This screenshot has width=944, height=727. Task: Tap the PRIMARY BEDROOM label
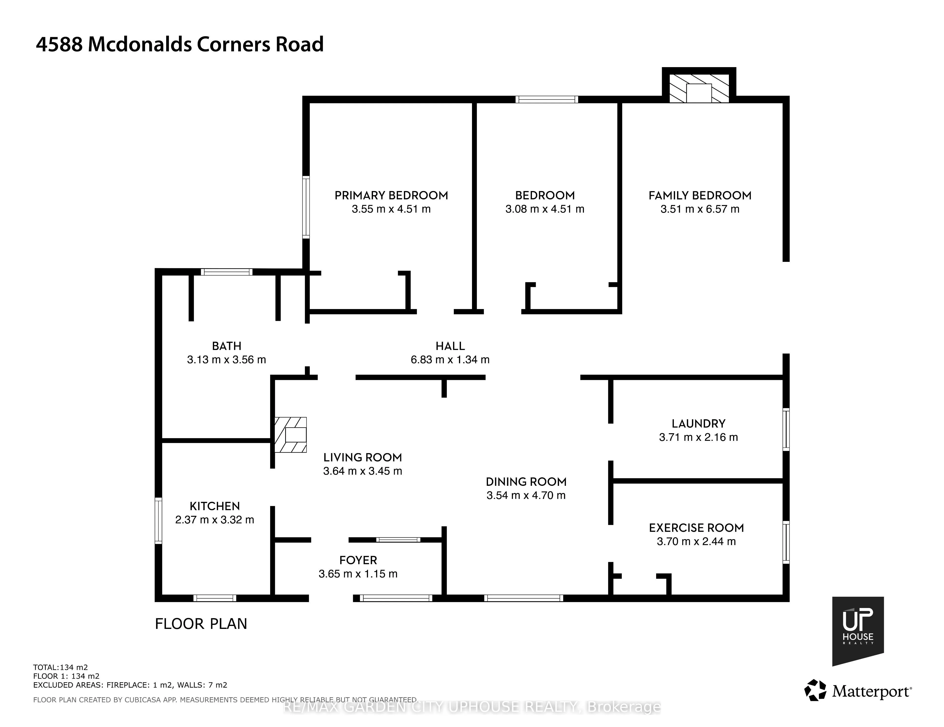click(391, 195)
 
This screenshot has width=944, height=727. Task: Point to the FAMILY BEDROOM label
click(700, 195)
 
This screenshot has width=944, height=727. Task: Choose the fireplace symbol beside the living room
click(291, 435)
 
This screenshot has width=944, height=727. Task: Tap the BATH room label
click(226, 346)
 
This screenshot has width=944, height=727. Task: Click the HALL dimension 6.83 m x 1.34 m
click(450, 360)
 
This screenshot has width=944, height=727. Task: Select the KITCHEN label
click(215, 506)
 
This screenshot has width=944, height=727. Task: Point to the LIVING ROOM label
click(363, 457)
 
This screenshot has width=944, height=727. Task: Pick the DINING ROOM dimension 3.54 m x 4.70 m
click(526, 495)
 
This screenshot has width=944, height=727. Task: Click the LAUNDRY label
click(698, 424)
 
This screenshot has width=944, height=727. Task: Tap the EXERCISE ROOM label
click(696, 528)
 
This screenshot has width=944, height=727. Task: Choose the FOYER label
click(358, 560)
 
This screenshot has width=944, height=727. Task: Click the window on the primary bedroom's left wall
click(306, 207)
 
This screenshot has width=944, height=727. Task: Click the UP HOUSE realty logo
click(858, 631)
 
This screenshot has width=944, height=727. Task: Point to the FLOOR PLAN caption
click(201, 624)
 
